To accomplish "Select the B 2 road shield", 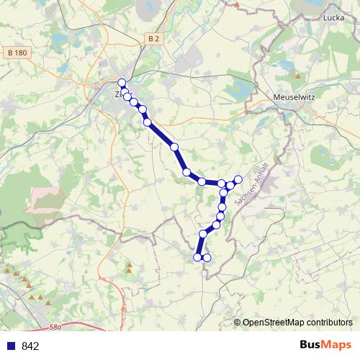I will point(151,37).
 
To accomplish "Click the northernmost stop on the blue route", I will point(122,83).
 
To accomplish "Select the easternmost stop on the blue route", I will point(238,179).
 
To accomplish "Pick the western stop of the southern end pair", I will point(197,256).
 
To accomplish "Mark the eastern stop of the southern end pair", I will point(207,257).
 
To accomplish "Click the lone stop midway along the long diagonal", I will point(174,147).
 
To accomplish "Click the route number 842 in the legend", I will point(30,346).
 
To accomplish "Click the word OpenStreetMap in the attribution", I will point(274,323).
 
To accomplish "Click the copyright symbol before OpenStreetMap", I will point(237,323).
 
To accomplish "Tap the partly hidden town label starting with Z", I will point(117,94).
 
